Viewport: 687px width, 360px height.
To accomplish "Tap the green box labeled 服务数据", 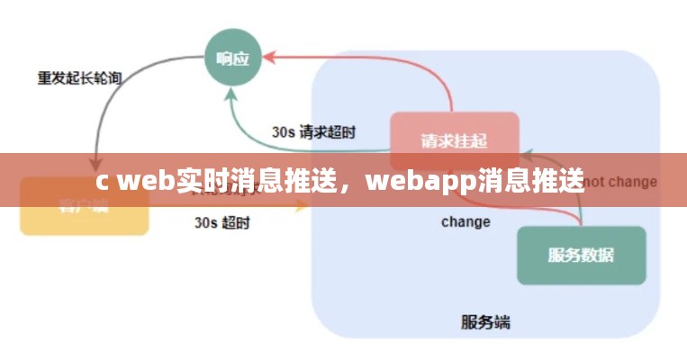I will tap(581, 255).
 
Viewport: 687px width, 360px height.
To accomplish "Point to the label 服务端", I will tap(485, 321).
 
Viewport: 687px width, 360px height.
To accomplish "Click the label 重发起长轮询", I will tap(78, 77).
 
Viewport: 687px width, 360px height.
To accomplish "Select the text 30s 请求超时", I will tap(313, 131).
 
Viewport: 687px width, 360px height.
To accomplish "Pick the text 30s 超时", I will tap(221, 222).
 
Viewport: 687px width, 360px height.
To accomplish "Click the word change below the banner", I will tap(466, 221).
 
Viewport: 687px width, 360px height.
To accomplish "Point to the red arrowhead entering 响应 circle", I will tap(267, 57).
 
